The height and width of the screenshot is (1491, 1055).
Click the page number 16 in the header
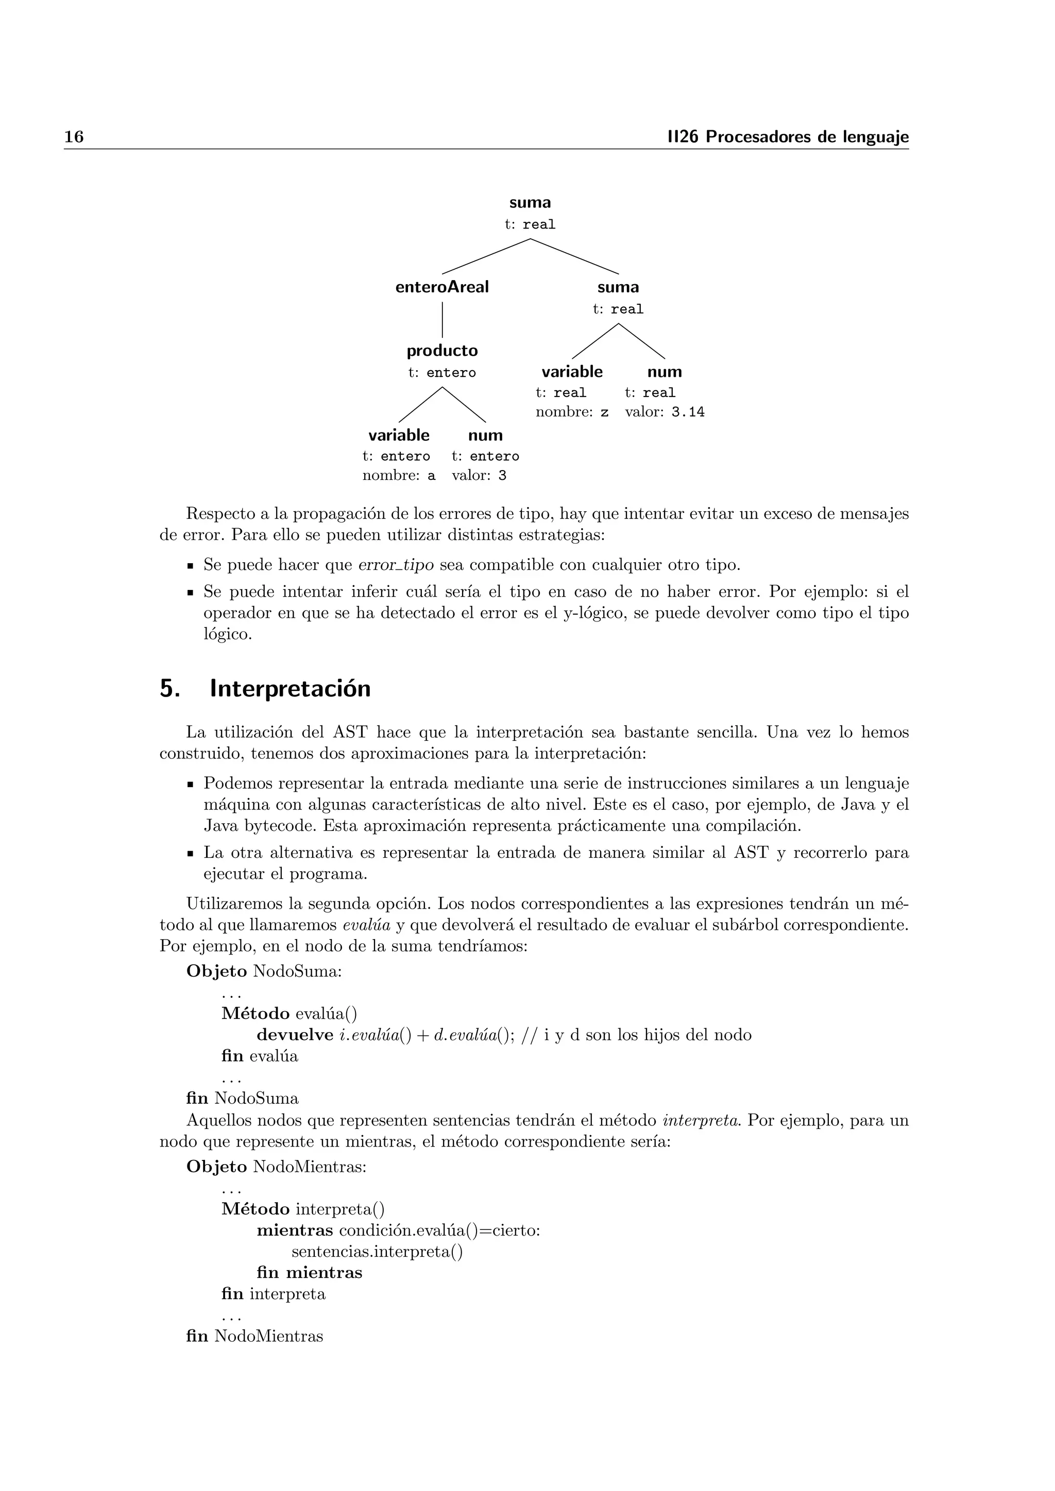point(74,137)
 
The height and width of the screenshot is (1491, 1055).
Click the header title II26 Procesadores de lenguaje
point(788,137)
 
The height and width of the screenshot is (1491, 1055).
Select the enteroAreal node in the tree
point(442,287)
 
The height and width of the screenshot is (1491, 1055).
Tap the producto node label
point(442,351)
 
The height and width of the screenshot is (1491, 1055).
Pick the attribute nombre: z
point(572,412)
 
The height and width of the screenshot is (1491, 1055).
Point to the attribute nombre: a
point(398,476)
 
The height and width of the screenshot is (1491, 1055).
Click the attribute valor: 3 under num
point(479,476)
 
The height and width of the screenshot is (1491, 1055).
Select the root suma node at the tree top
point(530,203)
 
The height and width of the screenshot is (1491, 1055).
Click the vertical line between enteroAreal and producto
point(443,320)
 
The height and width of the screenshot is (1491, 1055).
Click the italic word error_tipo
point(396,565)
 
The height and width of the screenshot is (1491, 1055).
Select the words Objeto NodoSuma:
point(264,972)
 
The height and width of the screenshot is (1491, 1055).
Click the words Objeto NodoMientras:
point(276,1167)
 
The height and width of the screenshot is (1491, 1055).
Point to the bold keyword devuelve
point(295,1035)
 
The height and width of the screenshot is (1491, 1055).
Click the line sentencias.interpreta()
point(377,1252)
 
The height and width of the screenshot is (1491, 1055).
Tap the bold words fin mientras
point(309,1273)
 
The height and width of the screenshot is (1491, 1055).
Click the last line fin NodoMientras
point(254,1337)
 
